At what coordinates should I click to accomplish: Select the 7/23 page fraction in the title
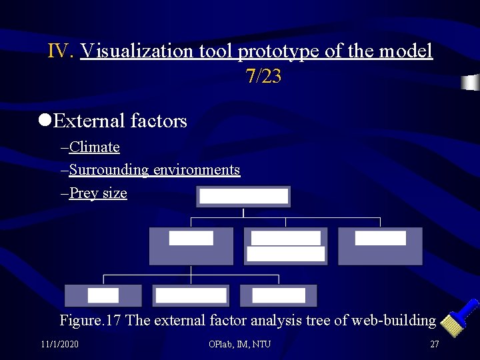coord(263,77)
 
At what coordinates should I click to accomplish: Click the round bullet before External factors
coord(45,120)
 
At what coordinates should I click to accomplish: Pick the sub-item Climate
coord(94,147)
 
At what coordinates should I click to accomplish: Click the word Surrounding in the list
coord(109,170)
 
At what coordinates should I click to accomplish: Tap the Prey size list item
coord(98,193)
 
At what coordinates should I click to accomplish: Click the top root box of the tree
coord(243,197)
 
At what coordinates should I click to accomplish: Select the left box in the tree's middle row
coord(191,246)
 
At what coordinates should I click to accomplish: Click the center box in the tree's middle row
coord(286,246)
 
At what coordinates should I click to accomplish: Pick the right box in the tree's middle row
coord(380,246)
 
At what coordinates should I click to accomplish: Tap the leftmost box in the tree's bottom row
coord(103,295)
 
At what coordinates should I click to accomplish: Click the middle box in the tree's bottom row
coord(191,295)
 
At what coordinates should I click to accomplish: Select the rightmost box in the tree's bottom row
coord(279,295)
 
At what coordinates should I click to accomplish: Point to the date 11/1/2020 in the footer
coord(59,344)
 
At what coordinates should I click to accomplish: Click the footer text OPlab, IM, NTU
coord(240,344)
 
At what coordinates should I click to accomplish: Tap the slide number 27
coord(435,344)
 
